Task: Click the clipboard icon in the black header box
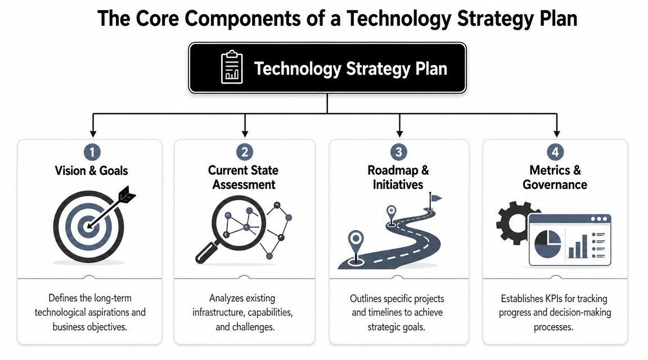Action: pos(232,68)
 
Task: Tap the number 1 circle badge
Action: pos(91,151)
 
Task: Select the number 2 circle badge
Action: pos(245,151)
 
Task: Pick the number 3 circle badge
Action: pos(399,151)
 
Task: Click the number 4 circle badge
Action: pos(555,151)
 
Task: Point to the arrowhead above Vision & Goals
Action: pos(92,133)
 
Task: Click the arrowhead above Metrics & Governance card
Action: pos(556,133)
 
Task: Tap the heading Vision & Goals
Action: pos(92,171)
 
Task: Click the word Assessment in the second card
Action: pos(244,184)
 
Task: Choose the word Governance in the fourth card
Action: pos(555,184)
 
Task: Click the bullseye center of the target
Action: pos(87,227)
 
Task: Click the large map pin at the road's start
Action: pos(356,242)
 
